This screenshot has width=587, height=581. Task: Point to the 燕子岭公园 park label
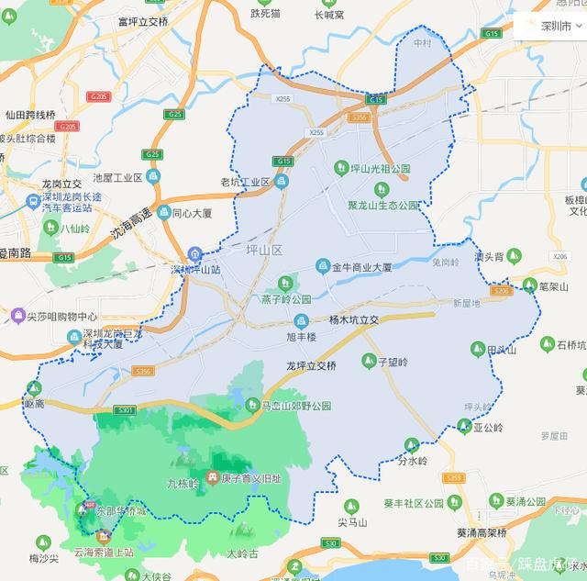pos(286,298)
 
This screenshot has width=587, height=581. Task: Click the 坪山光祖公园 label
pos(382,170)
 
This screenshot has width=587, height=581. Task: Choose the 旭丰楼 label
pos(299,337)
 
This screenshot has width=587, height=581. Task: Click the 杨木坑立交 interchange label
pos(353,320)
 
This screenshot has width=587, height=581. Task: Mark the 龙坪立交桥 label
pos(311,365)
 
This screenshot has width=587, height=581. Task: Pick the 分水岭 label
pos(413,461)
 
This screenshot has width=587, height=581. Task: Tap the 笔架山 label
pos(554,286)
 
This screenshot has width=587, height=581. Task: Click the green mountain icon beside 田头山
pos(477,349)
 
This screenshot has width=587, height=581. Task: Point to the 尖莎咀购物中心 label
pos(61,316)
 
